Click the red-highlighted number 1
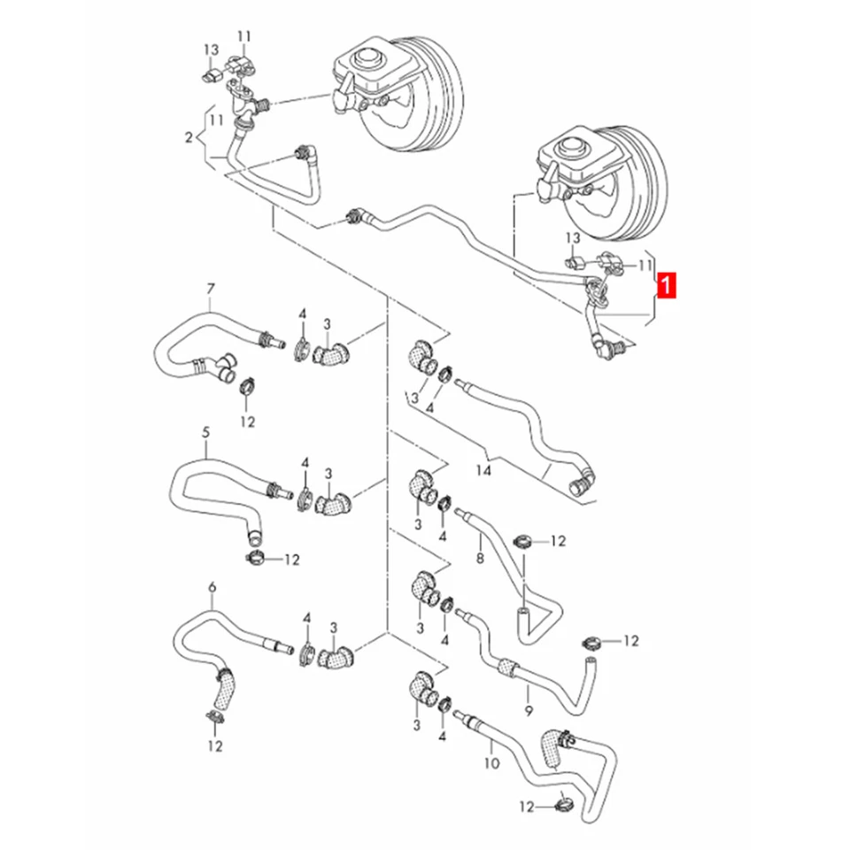coord(667,285)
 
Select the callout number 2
coord(188,137)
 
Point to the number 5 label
coord(206,434)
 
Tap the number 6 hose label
coord(212,588)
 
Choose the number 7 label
coord(210,290)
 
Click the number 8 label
coord(480,559)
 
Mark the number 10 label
coord(492,762)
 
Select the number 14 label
coord(483,472)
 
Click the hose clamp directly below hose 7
coord(247,385)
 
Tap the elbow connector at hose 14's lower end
coord(582,483)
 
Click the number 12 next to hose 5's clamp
coord(292,560)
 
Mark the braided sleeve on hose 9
coord(505,666)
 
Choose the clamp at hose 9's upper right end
coord(591,642)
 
